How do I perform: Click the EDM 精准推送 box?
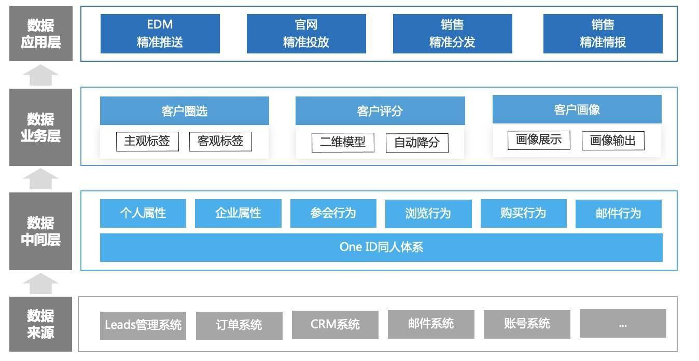(160, 34)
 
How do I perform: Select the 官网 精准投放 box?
(306, 34)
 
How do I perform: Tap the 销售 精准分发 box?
(452, 34)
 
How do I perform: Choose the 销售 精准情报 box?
(603, 34)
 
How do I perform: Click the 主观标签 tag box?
(147, 142)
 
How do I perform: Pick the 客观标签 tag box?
(220, 142)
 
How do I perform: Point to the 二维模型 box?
(343, 143)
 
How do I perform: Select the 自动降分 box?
(417, 143)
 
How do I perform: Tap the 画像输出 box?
(613, 141)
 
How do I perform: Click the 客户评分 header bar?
(380, 111)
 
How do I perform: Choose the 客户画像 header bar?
(577, 109)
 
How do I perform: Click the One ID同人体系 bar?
(381, 247)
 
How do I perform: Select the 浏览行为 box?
(428, 214)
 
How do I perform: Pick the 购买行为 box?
(523, 213)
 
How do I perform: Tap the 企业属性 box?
(238, 213)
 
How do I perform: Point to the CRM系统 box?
(335, 325)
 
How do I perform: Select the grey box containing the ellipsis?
(623, 324)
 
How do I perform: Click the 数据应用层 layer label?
(41, 34)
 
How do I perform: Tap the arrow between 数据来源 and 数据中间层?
(40, 284)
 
